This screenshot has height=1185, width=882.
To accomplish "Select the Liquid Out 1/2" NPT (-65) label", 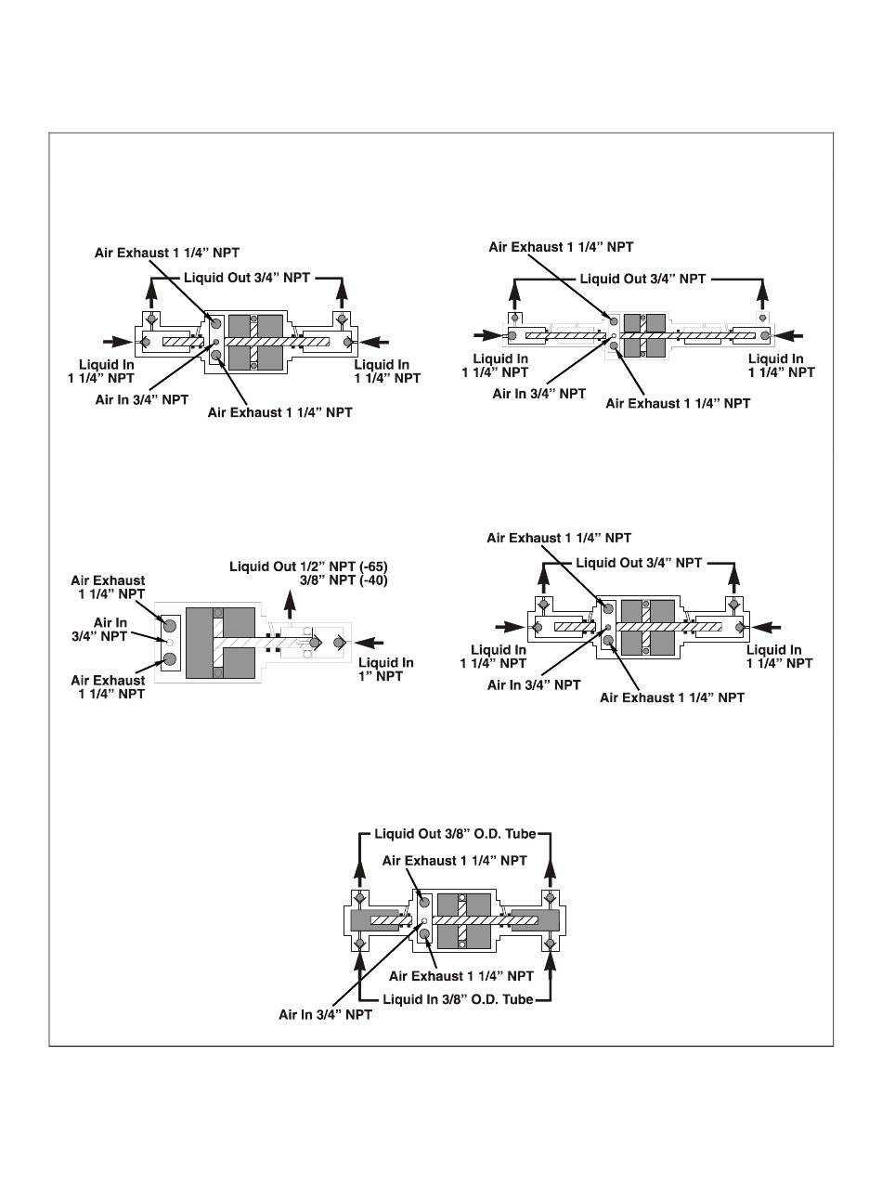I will click(308, 566).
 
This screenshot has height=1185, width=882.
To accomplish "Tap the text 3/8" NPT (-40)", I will click(344, 580).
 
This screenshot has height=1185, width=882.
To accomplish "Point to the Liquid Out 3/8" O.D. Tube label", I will click(456, 833).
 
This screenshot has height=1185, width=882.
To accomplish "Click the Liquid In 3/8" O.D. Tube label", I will click(456, 1000).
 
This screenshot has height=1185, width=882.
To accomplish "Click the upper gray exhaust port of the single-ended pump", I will click(170, 622).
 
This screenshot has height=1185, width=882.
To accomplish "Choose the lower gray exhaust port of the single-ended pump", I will click(170, 660).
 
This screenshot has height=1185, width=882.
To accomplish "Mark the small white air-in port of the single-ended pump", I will click(170, 641).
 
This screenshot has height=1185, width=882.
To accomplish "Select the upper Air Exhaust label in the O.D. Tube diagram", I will click(454, 861).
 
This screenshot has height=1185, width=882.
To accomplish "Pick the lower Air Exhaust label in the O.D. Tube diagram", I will click(460, 976).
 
